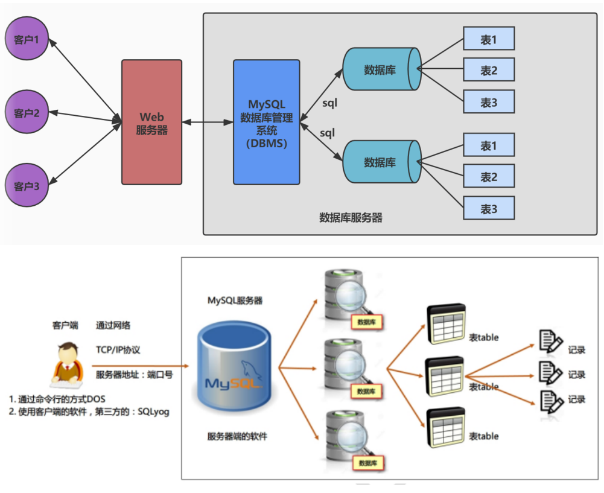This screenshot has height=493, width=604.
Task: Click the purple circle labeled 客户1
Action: [x=26, y=40]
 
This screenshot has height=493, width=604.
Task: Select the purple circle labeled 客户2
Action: [x=26, y=112]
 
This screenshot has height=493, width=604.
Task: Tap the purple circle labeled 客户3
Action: [x=26, y=186]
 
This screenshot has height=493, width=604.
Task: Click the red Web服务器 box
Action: [x=151, y=122]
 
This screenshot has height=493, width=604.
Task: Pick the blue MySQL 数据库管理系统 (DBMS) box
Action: [x=266, y=122]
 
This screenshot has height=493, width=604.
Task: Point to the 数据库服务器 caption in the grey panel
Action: [x=351, y=218]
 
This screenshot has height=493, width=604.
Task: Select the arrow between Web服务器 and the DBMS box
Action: [x=208, y=122]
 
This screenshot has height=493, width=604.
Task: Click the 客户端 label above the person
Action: [x=65, y=325]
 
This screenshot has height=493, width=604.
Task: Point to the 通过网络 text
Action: [x=113, y=325]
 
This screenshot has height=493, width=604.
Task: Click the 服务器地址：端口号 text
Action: [x=135, y=375]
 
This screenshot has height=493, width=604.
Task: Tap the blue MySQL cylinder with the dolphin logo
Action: [x=234, y=368]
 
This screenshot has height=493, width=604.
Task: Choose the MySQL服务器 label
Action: [x=235, y=301]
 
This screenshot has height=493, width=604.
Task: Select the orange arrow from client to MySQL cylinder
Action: [x=139, y=366]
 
